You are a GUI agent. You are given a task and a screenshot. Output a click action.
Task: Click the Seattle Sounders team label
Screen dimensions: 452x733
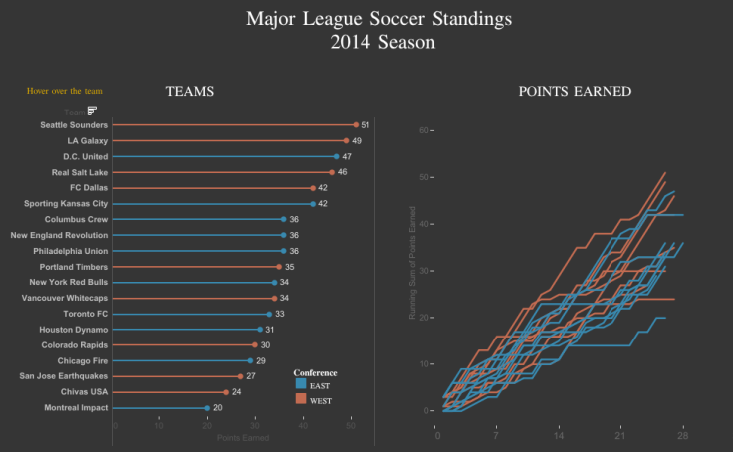(x=74, y=125)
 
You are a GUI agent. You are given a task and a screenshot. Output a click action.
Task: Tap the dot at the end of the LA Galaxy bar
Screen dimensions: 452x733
(x=346, y=141)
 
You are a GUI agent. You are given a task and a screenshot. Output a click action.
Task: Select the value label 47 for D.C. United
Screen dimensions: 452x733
(x=347, y=156)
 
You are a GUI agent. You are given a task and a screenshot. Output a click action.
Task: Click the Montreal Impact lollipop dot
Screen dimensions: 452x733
(x=207, y=408)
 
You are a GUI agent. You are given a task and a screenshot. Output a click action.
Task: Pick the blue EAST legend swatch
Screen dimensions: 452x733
(x=301, y=384)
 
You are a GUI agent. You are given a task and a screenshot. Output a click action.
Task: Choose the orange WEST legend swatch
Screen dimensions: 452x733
(x=301, y=399)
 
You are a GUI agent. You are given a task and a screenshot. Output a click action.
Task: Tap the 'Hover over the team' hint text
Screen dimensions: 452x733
(x=64, y=92)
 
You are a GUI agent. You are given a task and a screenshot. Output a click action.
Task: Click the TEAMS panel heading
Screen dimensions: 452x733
(x=189, y=92)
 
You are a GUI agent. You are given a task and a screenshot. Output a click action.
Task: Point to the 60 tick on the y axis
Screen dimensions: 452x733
(x=423, y=130)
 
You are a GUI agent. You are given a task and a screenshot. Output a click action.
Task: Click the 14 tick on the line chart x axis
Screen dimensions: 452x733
(x=559, y=435)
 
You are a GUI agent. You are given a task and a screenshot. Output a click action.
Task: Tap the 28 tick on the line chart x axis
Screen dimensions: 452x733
(x=682, y=435)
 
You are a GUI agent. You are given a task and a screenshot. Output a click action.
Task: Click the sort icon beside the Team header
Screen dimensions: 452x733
(x=91, y=111)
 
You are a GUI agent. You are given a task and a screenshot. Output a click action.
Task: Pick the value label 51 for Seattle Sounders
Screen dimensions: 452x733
(x=366, y=125)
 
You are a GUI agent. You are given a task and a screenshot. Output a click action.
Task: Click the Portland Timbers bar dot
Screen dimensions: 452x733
(x=279, y=267)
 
